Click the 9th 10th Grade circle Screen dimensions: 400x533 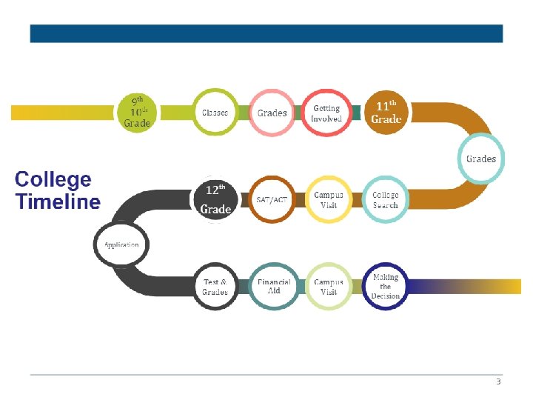click(x=138, y=112)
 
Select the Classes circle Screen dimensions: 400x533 click(x=215, y=113)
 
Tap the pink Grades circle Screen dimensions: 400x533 click(x=272, y=113)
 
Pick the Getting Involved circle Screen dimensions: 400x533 click(x=326, y=113)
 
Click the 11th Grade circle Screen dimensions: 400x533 click(x=386, y=113)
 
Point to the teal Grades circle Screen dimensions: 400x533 click(x=481, y=159)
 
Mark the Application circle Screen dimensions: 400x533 click(x=121, y=244)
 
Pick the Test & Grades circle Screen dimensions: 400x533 click(x=215, y=287)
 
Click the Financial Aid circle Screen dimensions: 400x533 click(x=274, y=287)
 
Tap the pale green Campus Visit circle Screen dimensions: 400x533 click(x=329, y=287)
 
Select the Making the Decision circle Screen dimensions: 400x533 click(x=385, y=287)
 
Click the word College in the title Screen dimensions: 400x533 click(x=53, y=179)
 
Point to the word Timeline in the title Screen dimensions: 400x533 click(x=58, y=201)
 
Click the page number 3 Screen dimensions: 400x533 click(x=498, y=382)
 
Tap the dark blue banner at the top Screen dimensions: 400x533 click(x=266, y=33)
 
